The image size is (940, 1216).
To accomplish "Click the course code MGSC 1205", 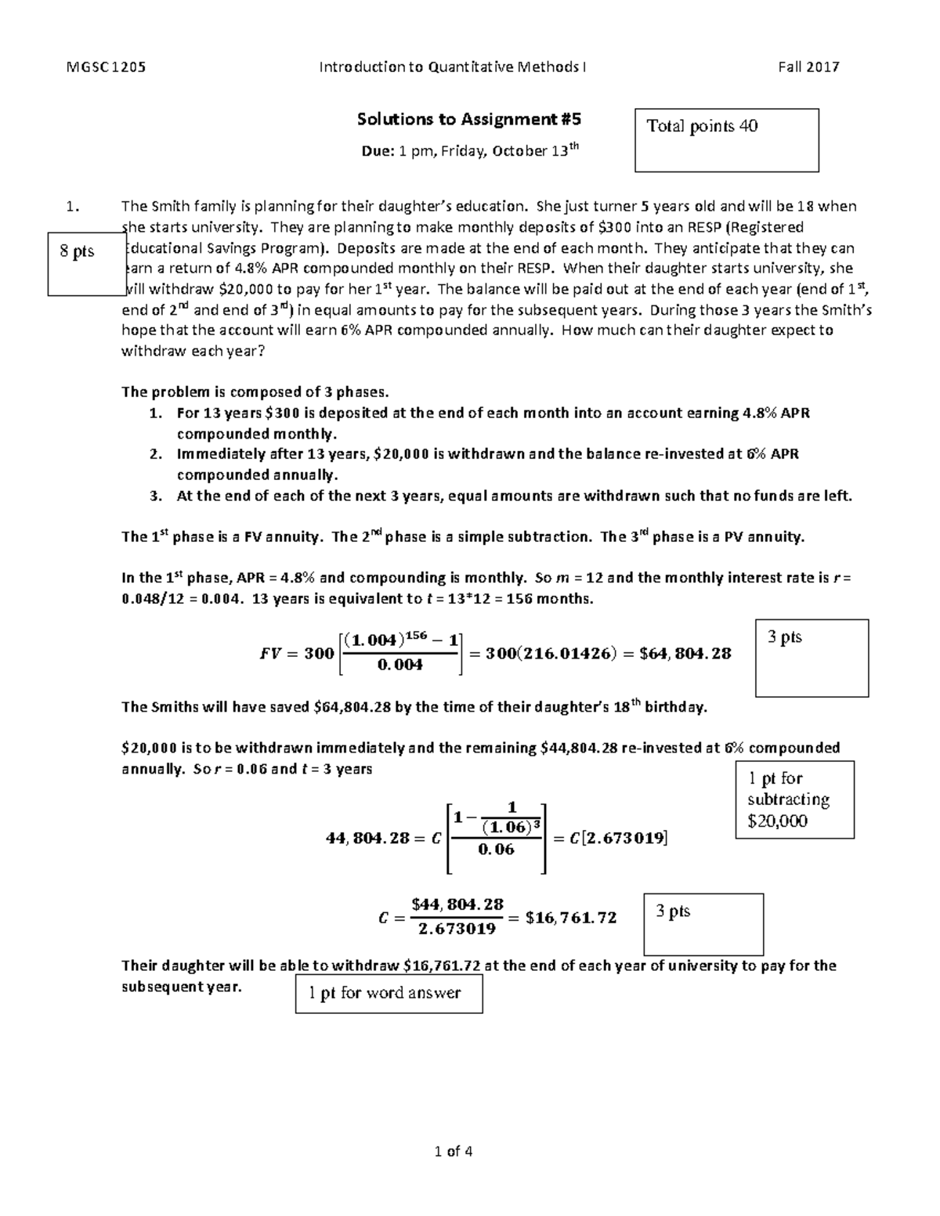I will click(x=106, y=67).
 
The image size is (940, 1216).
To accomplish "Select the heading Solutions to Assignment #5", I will click(x=469, y=119).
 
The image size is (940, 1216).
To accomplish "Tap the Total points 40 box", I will click(x=726, y=140).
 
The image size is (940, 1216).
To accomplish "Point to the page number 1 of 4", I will click(x=454, y=1151).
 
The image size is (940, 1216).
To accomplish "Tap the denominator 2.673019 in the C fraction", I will click(x=457, y=929).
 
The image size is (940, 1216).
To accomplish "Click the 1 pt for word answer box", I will click(x=389, y=994).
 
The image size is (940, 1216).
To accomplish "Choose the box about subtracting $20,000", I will click(x=794, y=799).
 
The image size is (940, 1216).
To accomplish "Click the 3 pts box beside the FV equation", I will click(x=812, y=658).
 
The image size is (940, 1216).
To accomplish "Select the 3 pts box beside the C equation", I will click(x=703, y=924).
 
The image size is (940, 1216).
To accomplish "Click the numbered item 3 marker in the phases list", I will click(x=157, y=496).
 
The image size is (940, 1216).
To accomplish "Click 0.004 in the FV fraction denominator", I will click(x=399, y=666).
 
